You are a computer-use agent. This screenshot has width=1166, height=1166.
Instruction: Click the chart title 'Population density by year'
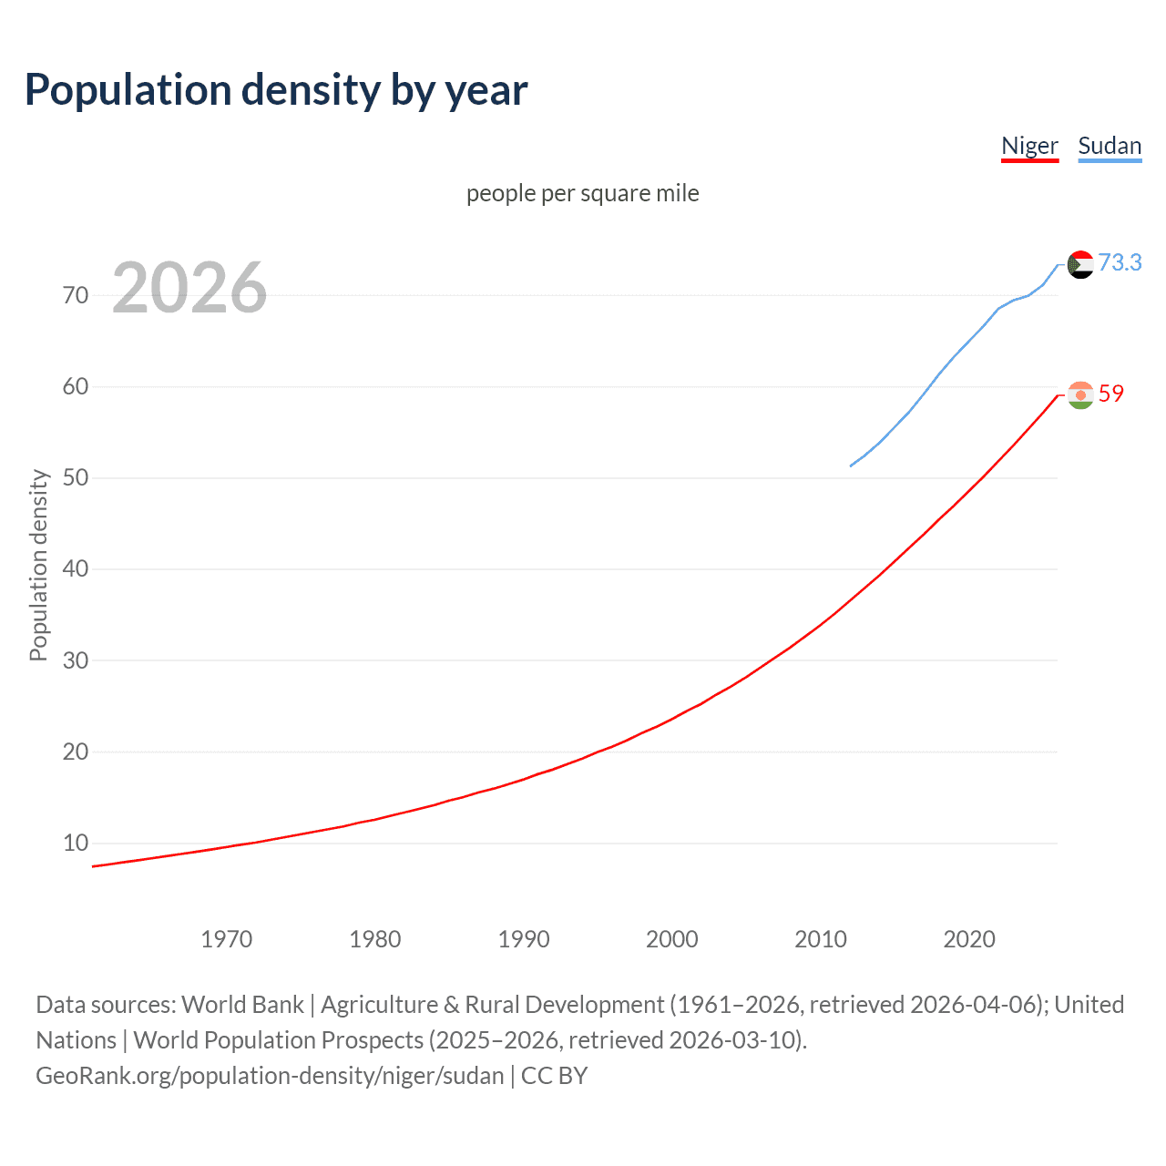coord(276,90)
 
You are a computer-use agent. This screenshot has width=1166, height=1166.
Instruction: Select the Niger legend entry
coord(1029,146)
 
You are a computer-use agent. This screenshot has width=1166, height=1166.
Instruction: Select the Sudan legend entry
coord(1109,146)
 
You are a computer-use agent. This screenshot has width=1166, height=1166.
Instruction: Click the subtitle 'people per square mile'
coord(582,193)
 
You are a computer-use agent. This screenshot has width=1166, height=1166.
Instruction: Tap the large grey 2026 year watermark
coord(189,288)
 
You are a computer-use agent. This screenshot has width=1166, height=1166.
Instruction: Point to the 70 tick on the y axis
coord(76,295)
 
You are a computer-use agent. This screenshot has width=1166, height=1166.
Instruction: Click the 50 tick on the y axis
coord(76,477)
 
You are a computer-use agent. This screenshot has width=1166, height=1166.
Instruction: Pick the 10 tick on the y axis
coord(76,843)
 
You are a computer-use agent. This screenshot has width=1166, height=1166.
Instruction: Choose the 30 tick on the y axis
coord(76,660)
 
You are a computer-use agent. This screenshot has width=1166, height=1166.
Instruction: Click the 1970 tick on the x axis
coord(226,939)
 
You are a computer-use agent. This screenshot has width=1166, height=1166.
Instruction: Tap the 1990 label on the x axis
coord(523,939)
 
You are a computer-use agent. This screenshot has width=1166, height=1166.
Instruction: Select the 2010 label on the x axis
coord(820,939)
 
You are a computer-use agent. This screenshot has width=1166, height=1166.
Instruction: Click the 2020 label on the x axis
coord(968,939)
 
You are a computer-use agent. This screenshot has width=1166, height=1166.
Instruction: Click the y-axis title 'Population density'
coord(38,565)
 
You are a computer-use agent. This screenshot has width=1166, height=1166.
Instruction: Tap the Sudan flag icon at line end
coord(1079,264)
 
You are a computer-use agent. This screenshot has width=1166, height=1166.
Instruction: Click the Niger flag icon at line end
coord(1079,395)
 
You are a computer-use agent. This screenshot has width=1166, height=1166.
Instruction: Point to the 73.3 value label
coord(1120,262)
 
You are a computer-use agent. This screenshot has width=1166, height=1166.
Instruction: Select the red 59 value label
coord(1110,394)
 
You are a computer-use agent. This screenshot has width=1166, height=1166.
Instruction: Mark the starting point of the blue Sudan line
coord(851,466)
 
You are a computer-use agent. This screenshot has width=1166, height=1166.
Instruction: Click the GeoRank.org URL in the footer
coord(270,1076)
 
